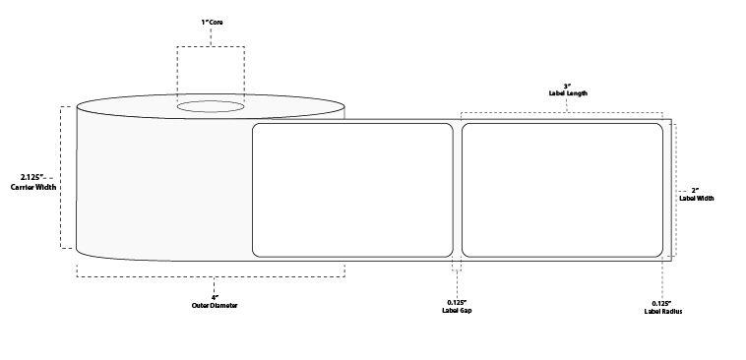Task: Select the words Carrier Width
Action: click(x=32, y=186)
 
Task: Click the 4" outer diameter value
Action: click(x=214, y=296)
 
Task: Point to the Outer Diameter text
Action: click(x=214, y=305)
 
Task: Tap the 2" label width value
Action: click(x=696, y=189)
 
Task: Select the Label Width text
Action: click(x=696, y=198)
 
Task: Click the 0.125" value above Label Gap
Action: click(x=457, y=302)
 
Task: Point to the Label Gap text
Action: click(x=457, y=311)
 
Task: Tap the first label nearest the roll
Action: click(x=352, y=190)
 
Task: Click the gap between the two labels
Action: click(x=457, y=190)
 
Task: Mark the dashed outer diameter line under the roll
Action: click(x=211, y=265)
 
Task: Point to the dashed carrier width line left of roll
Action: click(x=62, y=177)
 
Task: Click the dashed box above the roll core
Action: click(x=211, y=69)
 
